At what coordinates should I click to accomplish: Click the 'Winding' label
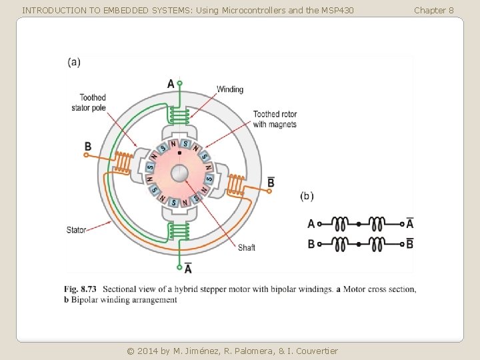230,89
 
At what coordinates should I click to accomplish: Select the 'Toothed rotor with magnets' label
275,119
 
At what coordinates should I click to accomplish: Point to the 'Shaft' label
247,247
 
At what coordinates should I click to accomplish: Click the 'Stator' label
76,230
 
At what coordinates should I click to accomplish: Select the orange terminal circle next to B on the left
86,155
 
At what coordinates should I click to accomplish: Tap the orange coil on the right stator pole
236,183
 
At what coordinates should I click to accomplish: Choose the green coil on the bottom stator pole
179,231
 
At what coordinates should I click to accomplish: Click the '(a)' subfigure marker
74,62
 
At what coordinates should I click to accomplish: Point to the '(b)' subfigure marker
307,196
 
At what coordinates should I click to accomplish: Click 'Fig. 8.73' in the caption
80,289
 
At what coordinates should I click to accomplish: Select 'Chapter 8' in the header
434,10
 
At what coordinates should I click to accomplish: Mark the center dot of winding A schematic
360,224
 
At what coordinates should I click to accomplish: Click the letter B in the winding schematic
311,244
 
